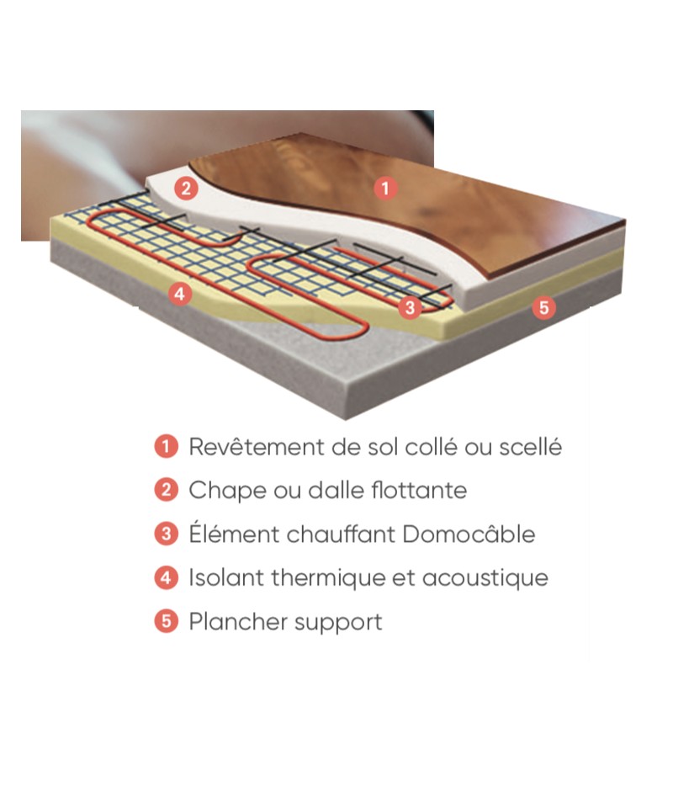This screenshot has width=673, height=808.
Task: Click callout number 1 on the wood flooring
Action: tap(385, 188)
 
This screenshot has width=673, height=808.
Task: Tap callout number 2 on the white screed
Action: tap(186, 188)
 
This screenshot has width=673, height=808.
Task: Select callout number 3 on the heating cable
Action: tap(410, 308)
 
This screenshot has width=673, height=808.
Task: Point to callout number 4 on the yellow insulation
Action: tap(180, 295)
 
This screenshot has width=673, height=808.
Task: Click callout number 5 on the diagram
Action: tap(543, 308)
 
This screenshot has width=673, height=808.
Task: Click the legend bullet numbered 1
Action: tap(166, 446)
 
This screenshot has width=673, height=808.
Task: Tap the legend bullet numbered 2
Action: tap(166, 490)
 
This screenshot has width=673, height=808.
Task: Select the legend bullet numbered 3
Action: tap(166, 534)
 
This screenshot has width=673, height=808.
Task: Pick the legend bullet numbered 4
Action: tap(166, 577)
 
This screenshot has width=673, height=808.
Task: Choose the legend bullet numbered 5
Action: tap(166, 621)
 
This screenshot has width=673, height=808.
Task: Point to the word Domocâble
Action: tap(469, 534)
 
